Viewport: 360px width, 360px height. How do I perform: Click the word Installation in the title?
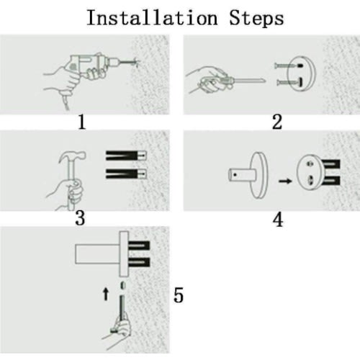(152, 17)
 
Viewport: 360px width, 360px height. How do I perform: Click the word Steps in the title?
(256, 18)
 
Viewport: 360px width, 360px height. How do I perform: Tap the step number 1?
(82, 122)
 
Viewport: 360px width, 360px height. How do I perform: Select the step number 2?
(277, 122)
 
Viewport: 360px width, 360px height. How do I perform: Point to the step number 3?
(80, 218)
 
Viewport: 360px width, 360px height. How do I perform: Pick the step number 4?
(278, 220)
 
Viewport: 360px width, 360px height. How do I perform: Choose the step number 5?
(179, 295)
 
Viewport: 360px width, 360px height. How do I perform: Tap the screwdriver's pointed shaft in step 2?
(249, 81)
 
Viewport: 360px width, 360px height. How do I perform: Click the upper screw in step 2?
(289, 66)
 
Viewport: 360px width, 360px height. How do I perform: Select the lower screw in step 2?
(289, 82)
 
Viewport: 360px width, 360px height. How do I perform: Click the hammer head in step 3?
(72, 156)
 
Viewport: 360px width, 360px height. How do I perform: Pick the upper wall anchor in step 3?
(126, 156)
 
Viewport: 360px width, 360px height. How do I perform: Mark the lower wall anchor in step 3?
(126, 174)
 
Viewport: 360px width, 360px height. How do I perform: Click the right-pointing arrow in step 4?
(285, 181)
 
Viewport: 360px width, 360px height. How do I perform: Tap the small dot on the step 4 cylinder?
(235, 175)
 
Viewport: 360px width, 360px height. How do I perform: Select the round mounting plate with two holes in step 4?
(310, 172)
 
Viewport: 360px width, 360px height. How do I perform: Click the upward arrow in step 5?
(106, 294)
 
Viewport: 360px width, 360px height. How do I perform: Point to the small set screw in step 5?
(123, 285)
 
